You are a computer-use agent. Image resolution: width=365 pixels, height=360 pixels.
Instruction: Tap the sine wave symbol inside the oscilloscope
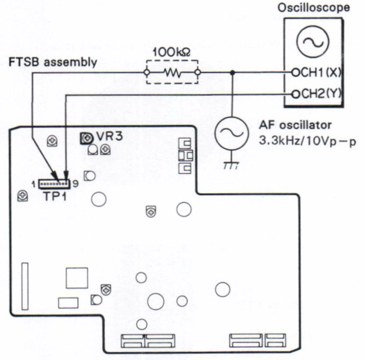(x=312, y=43)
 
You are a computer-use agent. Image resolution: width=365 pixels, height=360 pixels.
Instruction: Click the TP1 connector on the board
(x=53, y=184)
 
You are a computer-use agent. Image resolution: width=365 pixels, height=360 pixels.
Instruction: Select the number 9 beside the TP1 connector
(x=75, y=184)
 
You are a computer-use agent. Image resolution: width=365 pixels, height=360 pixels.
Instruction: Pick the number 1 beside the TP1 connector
(x=34, y=184)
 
